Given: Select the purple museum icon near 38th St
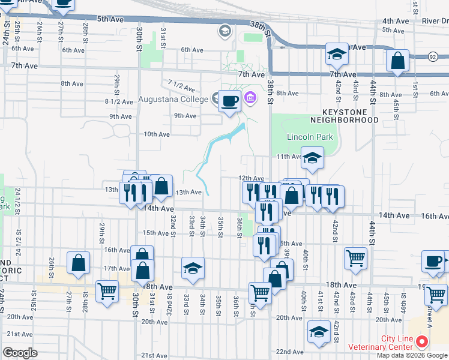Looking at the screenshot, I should (251, 97).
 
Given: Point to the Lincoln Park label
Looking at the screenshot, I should (310, 137).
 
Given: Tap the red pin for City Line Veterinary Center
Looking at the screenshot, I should (421, 342).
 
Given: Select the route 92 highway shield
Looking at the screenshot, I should (432, 56).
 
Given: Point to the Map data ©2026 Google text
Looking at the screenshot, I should (412, 355).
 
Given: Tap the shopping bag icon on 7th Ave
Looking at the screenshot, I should (398, 61).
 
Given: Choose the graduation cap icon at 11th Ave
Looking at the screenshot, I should (312, 158).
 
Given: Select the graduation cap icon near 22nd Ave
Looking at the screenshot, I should (318, 331).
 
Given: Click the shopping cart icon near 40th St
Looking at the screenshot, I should (355, 257).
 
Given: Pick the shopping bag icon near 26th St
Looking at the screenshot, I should (79, 263).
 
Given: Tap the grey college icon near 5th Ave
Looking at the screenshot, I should (225, 31).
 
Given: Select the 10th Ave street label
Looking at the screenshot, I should (157, 134).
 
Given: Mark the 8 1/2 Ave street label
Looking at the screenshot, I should (118, 102).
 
